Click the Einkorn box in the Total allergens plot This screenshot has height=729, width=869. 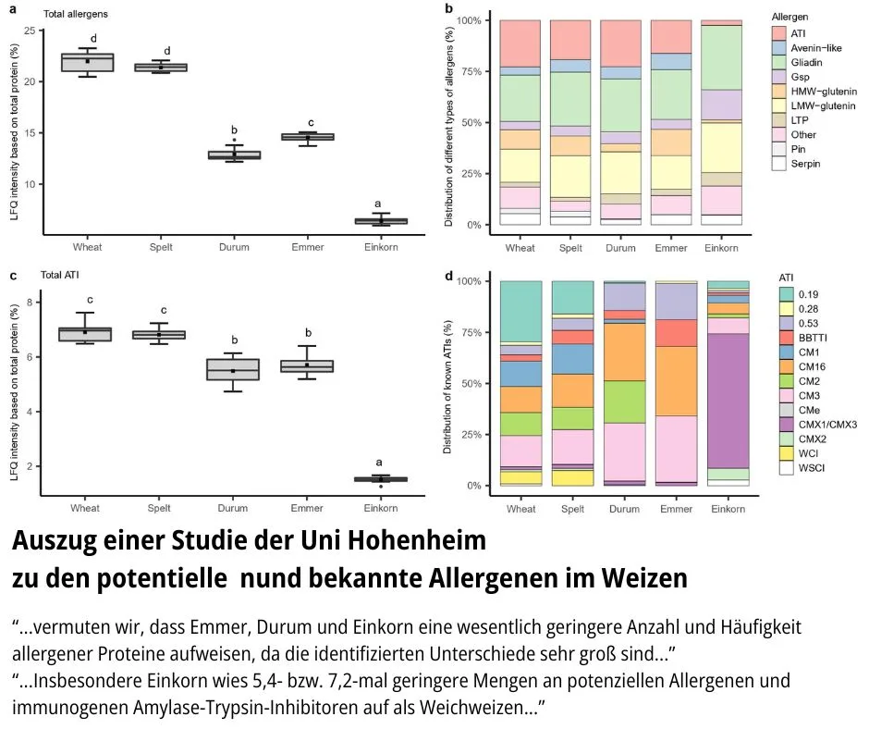tap(381, 221)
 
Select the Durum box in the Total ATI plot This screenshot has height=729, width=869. tap(233, 369)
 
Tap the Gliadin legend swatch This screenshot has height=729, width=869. tap(779, 63)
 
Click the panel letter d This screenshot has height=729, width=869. tap(449, 275)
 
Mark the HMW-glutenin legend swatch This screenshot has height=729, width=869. tap(779, 93)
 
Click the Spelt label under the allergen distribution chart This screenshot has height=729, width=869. tap(572, 248)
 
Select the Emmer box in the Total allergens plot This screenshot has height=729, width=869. tap(307, 137)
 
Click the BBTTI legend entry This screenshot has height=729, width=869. tap(810, 339)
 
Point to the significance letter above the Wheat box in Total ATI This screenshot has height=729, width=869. tap(90, 300)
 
